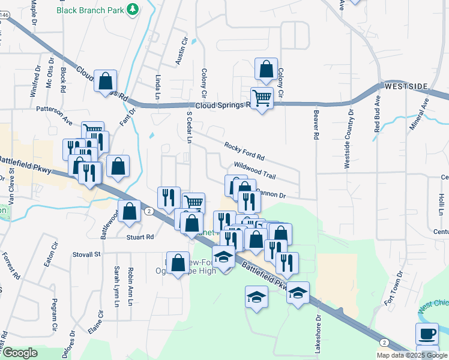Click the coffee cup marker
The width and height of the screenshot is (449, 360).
click(427, 333)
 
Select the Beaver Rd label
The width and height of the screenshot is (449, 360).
click(315, 125)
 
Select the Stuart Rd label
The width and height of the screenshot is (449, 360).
click(140, 237)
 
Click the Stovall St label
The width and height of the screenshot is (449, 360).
click(87, 254)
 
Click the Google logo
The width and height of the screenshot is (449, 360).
click(20, 353)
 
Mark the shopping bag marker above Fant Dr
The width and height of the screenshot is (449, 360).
click(105, 81)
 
